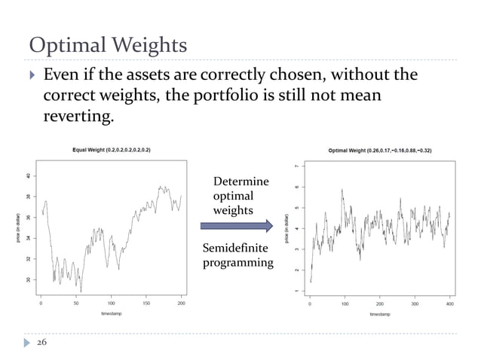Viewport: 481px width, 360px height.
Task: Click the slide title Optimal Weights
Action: pyautogui.click(x=108, y=44)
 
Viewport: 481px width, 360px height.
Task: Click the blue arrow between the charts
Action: pyautogui.click(x=236, y=225)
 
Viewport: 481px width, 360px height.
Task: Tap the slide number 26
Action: pyautogui.click(x=39, y=342)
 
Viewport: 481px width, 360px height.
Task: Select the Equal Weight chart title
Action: pyautogui.click(x=111, y=150)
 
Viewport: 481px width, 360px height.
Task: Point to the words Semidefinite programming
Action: pyautogui.click(x=237, y=255)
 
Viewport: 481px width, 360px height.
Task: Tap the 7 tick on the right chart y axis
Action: pyautogui.click(x=296, y=166)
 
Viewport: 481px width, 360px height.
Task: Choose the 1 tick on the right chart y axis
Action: pyautogui.click(x=296, y=290)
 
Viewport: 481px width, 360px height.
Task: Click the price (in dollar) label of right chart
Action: pyautogui.click(x=286, y=228)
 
